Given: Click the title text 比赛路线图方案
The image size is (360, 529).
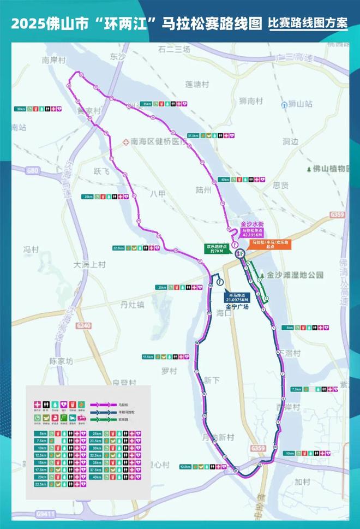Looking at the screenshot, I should point(308,24).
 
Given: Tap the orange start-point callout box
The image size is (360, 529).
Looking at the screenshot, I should point(268,245).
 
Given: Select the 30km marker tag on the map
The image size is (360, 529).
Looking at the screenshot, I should point(21,109).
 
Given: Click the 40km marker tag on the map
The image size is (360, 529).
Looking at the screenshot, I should point(225,179).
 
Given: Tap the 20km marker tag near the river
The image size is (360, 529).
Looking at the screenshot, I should point(162,287).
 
